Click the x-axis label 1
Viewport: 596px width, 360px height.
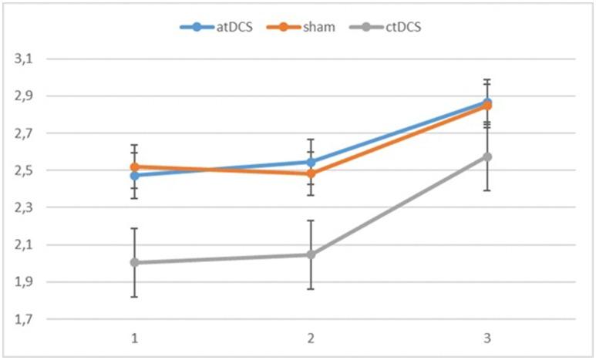[134, 338]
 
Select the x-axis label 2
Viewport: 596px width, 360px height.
[311, 338]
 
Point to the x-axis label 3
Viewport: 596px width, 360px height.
[487, 338]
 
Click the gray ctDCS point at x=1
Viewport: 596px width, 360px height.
[134, 262]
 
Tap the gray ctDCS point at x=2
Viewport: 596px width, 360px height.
[311, 254]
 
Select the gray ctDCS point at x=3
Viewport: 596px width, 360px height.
[487, 156]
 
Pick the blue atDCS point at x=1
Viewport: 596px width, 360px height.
[134, 176]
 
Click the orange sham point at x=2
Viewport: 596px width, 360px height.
[311, 174]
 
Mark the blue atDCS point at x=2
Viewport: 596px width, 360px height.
[311, 162]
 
